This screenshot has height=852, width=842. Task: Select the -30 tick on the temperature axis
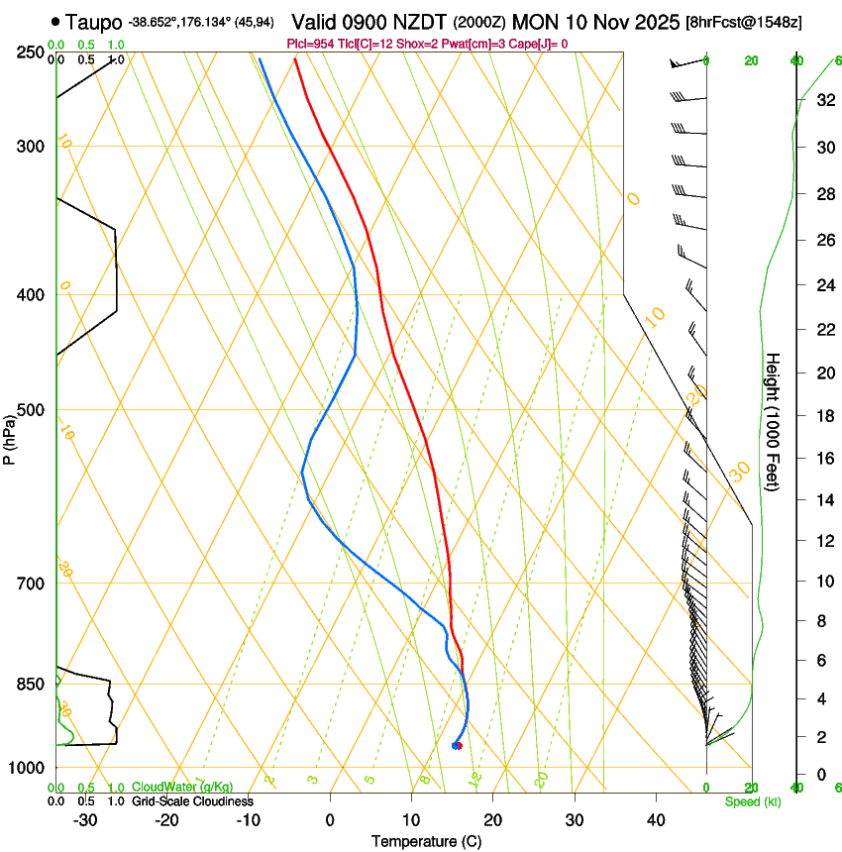pyautogui.click(x=85, y=819)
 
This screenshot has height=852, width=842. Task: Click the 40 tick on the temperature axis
pyautogui.click(x=655, y=819)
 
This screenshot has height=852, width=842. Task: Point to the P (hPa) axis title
pyautogui.click(x=10, y=437)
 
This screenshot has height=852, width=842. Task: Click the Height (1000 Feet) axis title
pyautogui.click(x=773, y=422)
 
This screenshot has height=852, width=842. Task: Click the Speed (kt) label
pyautogui.click(x=752, y=801)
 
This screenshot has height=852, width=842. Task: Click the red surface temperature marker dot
pyautogui.click(x=458, y=746)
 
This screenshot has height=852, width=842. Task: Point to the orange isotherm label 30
pyautogui.click(x=740, y=471)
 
